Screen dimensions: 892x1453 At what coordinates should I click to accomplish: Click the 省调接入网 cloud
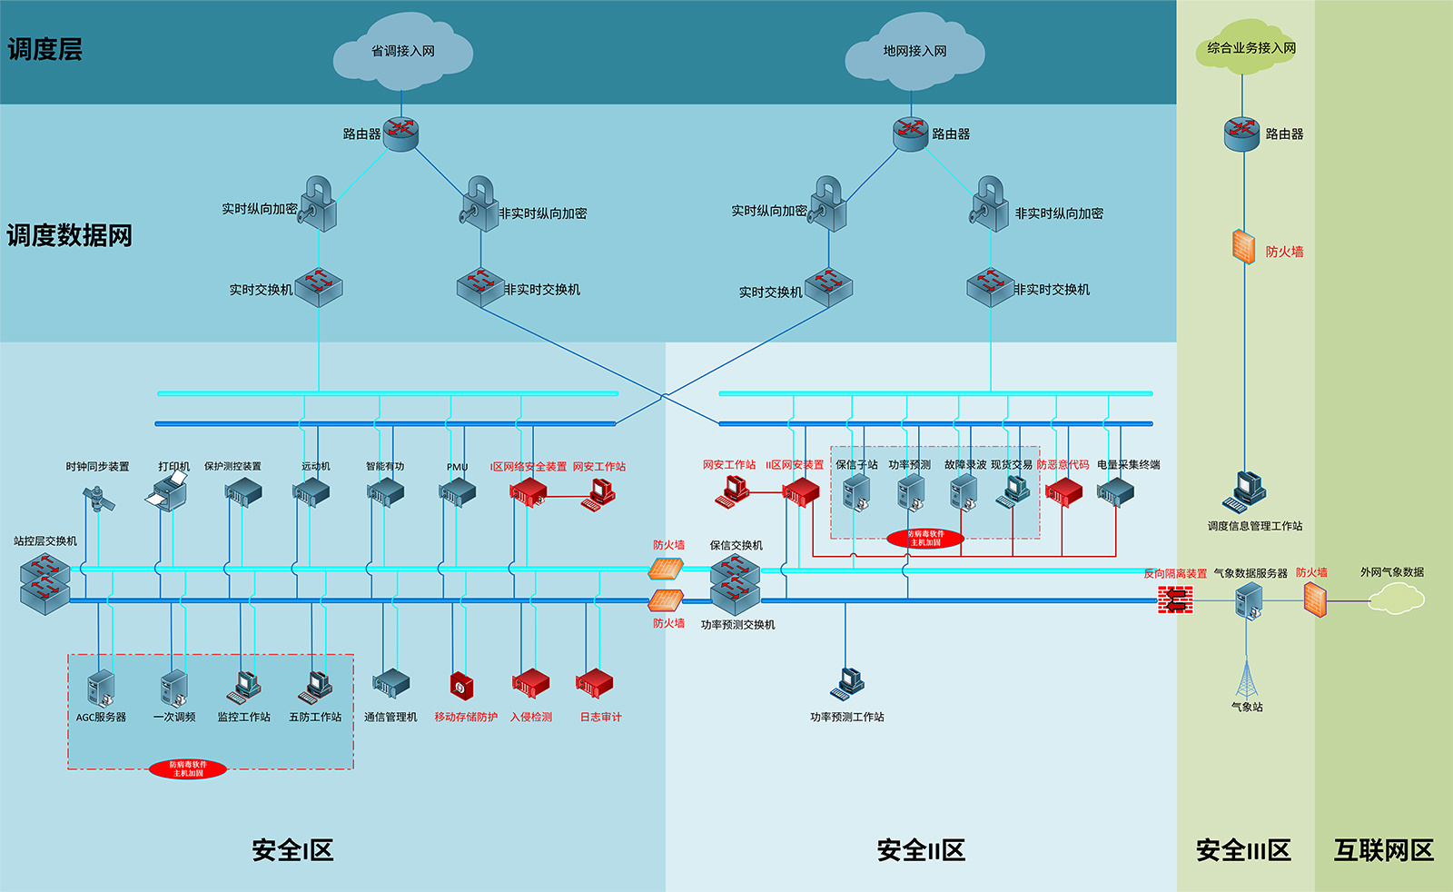pyautogui.click(x=402, y=52)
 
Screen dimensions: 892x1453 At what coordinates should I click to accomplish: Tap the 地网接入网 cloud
pyautogui.click(x=914, y=52)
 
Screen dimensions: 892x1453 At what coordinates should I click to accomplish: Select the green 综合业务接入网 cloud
pyautogui.click(x=1250, y=48)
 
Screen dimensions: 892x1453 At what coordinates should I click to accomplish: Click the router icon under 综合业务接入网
pyautogui.click(x=1241, y=134)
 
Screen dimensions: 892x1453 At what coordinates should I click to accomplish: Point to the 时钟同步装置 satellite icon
pyautogui.click(x=98, y=498)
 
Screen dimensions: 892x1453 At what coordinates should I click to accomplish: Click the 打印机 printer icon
pyautogui.click(x=167, y=493)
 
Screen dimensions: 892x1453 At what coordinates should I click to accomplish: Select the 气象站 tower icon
pyautogui.click(x=1247, y=679)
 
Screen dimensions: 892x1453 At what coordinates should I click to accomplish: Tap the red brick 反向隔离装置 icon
pyautogui.click(x=1175, y=600)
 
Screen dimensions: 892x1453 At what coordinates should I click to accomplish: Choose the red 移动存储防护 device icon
pyautogui.click(x=462, y=685)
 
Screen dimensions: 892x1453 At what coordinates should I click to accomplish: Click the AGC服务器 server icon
pyautogui.click(x=101, y=688)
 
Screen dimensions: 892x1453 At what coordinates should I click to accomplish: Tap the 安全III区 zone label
pyautogui.click(x=1243, y=850)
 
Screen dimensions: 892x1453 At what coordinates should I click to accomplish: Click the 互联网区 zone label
pyautogui.click(x=1383, y=850)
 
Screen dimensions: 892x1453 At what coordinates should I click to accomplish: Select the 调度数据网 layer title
pyautogui.click(x=70, y=235)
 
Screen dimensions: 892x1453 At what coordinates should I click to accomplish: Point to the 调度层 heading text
pyautogui.click(x=44, y=49)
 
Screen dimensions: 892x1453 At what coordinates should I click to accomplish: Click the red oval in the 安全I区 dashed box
pyautogui.click(x=188, y=769)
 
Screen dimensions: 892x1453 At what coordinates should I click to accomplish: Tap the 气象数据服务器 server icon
pyautogui.click(x=1250, y=600)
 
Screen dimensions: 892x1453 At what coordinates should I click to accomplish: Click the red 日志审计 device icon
pyautogui.click(x=595, y=684)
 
